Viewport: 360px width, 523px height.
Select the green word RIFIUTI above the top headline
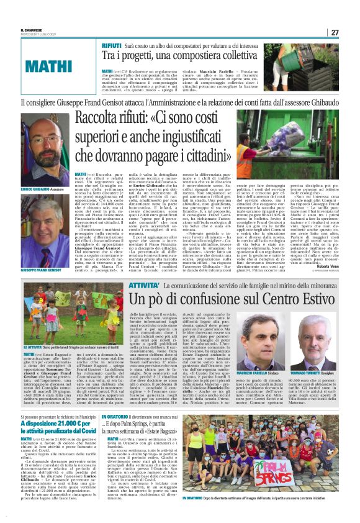pos(112,47)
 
